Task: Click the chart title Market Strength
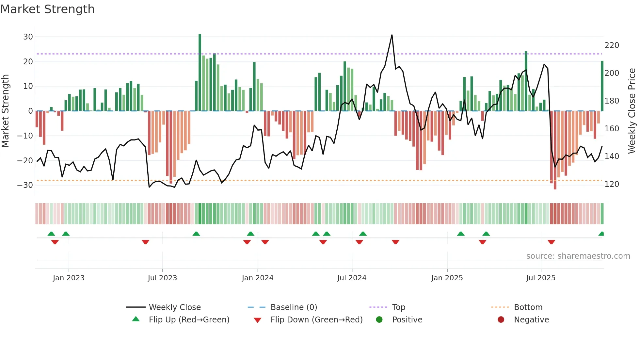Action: pyautogui.click(x=47, y=9)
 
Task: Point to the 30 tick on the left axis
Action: pyautogui.click(x=28, y=37)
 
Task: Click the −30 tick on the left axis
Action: pyautogui.click(x=25, y=185)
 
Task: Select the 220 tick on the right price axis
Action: pyautogui.click(x=612, y=45)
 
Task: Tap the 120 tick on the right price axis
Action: pyautogui.click(x=612, y=184)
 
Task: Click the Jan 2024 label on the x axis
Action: pyautogui.click(x=257, y=278)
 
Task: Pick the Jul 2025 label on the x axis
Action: pyautogui.click(x=540, y=278)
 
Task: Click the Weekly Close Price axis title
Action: pyautogui.click(x=632, y=111)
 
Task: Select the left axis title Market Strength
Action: pyautogui.click(x=5, y=111)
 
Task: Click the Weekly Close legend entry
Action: pyautogui.click(x=174, y=307)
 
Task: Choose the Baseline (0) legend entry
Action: pyautogui.click(x=294, y=307)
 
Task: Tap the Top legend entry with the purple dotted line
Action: pyautogui.click(x=398, y=307)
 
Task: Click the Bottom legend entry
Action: pyautogui.click(x=528, y=307)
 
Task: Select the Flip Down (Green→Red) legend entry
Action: pyautogui.click(x=316, y=320)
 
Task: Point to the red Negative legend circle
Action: pyautogui.click(x=501, y=320)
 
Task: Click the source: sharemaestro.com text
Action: pyautogui.click(x=578, y=256)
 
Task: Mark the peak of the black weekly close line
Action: pyautogui.click(x=392, y=35)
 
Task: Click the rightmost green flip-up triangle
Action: pyautogui.click(x=601, y=234)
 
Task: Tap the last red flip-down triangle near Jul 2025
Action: pyautogui.click(x=551, y=242)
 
